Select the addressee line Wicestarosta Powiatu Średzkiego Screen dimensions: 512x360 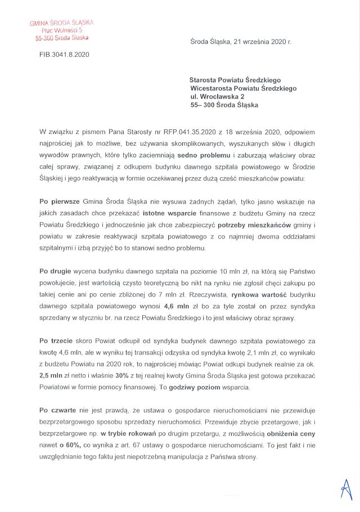coord(243,88)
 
